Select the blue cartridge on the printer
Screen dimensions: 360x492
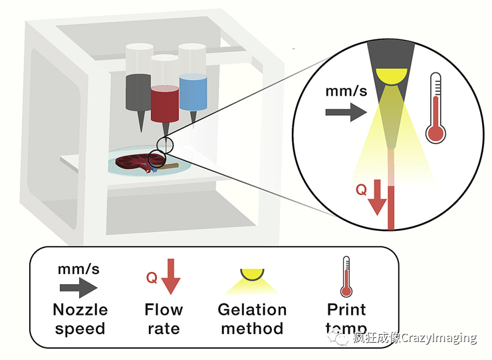click(193, 92)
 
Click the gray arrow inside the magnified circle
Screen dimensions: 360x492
click(346, 113)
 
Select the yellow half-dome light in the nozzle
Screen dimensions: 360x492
click(390, 75)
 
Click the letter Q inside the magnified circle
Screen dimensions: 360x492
click(361, 190)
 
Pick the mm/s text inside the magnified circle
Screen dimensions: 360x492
click(346, 90)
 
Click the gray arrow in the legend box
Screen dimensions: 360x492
click(78, 287)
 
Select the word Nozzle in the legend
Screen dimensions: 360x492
click(80, 310)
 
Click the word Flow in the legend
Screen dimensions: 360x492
click(164, 310)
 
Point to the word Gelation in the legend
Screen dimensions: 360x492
click(253, 310)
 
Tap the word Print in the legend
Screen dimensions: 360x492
click(346, 310)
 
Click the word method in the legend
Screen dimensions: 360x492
click(252, 329)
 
